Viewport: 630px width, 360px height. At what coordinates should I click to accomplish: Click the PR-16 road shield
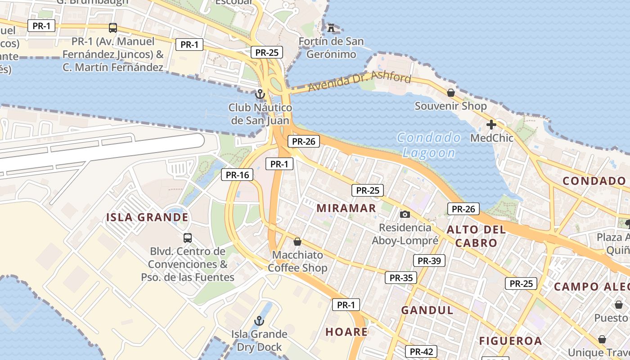(x=237, y=175)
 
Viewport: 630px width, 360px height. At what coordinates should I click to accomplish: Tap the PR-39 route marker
(x=429, y=261)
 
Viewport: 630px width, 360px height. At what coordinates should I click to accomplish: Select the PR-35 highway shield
(x=401, y=278)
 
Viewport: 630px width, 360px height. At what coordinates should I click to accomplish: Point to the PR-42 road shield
(x=422, y=351)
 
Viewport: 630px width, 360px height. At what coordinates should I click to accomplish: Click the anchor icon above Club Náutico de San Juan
(x=260, y=94)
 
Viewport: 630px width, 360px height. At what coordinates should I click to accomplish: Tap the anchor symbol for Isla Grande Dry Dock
(x=259, y=321)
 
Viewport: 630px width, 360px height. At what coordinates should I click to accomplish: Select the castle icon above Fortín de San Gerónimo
(x=331, y=28)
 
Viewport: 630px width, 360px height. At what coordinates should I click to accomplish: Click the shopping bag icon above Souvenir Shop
(x=450, y=93)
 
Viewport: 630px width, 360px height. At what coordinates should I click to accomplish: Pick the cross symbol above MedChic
(x=491, y=125)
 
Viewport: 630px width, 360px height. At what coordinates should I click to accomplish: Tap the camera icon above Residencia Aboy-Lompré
(x=405, y=214)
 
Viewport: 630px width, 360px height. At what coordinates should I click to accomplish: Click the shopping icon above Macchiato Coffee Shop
(x=297, y=242)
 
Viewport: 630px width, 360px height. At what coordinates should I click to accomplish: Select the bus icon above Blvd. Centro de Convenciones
(x=188, y=238)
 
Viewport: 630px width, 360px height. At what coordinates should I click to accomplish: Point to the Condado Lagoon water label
(x=429, y=145)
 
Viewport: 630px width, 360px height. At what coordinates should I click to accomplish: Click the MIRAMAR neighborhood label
(x=346, y=208)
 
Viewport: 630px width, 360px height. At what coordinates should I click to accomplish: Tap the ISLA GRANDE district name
(x=147, y=217)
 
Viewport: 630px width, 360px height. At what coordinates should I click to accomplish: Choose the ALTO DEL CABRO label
(x=476, y=236)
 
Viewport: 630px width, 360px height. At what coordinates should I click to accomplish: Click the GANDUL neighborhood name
(x=427, y=310)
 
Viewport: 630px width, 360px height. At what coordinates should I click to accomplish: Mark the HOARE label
(x=346, y=332)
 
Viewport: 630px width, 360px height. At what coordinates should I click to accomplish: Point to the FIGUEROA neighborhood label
(x=510, y=341)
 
